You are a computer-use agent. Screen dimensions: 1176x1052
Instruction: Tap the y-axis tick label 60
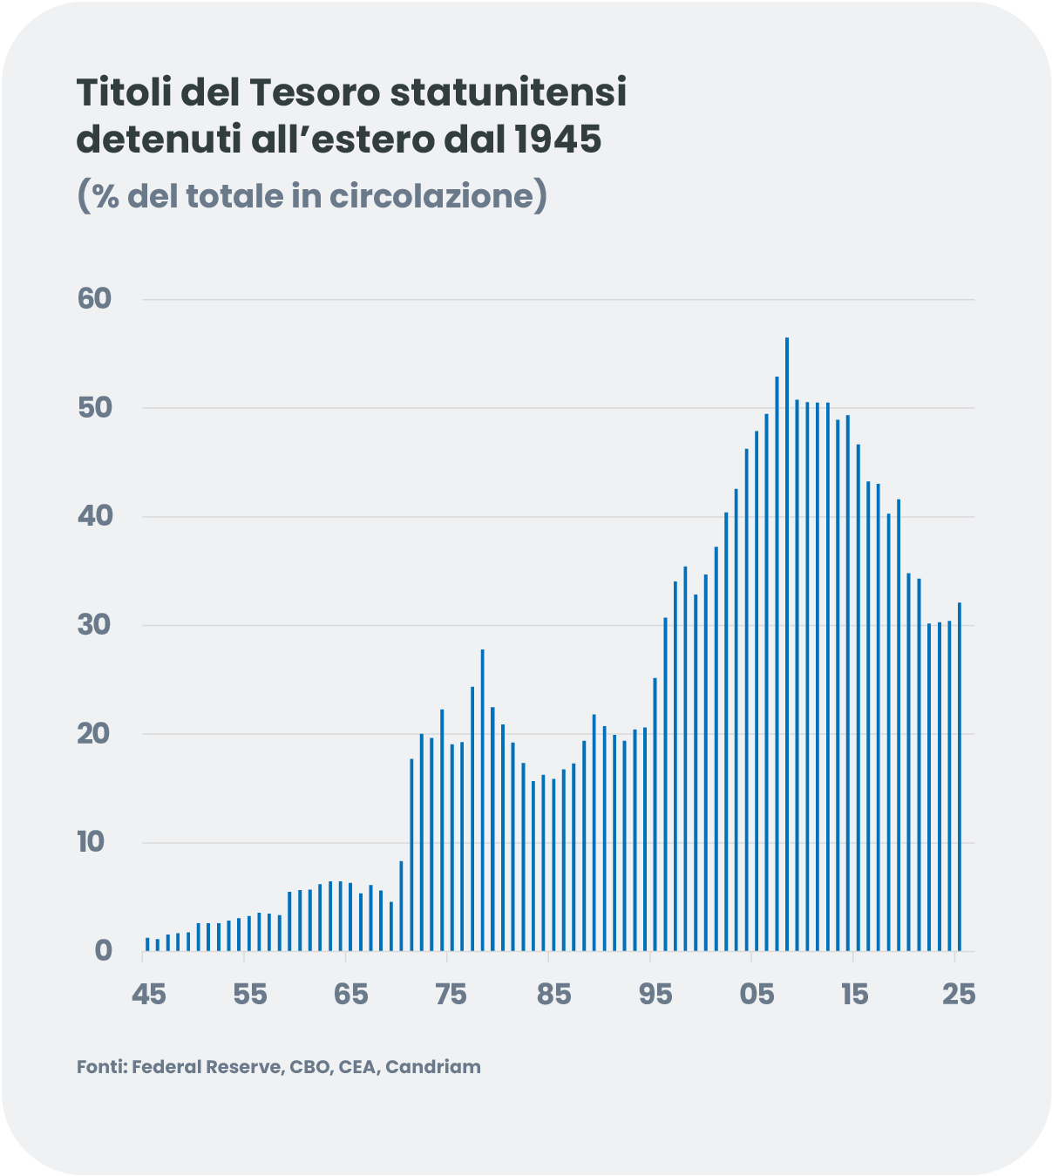point(95,299)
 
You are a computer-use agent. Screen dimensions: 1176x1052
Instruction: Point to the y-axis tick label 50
point(95,408)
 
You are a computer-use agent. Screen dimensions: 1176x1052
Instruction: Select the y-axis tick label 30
point(95,625)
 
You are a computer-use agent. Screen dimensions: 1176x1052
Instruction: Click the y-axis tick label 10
point(91,842)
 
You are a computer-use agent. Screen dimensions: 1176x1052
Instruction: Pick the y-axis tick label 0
point(103,950)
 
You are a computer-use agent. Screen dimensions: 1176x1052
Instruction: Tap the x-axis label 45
point(149,994)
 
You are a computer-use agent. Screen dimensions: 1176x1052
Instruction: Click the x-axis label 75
point(451,994)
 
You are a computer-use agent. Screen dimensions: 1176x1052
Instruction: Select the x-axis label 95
point(655,994)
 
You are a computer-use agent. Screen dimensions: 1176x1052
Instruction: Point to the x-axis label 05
point(757,994)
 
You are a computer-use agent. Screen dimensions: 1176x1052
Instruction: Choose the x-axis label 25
point(959,994)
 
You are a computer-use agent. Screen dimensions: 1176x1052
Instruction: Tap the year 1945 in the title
point(557,139)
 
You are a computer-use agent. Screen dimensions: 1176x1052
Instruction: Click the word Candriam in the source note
point(433,1067)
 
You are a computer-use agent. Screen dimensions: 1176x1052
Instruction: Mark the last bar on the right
point(960,776)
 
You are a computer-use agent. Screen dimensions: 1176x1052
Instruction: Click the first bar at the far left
point(147,944)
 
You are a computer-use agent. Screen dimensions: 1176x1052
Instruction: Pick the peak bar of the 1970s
point(482,799)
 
